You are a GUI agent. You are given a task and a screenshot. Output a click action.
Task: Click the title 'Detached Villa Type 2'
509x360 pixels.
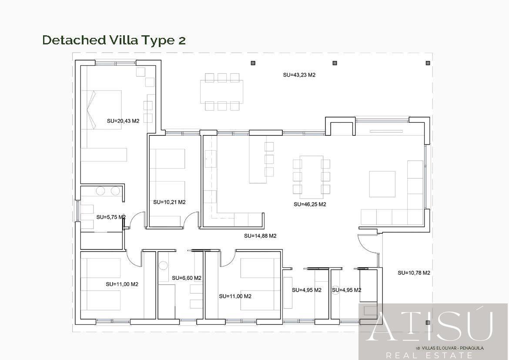point(114,40)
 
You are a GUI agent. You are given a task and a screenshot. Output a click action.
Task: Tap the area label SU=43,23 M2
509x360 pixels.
point(299,75)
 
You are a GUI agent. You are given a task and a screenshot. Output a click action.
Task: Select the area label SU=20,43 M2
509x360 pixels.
point(123,121)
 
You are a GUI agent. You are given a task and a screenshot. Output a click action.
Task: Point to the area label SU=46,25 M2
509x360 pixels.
point(310,204)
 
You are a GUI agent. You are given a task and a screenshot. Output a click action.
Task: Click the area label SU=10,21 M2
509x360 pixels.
point(169,202)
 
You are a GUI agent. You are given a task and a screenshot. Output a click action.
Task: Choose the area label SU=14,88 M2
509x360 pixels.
point(260,236)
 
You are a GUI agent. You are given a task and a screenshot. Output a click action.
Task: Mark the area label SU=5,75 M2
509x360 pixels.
point(111,217)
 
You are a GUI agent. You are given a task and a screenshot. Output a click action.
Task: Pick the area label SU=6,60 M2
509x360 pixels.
point(187,278)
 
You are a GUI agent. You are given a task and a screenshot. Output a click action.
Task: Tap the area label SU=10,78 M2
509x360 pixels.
point(414,273)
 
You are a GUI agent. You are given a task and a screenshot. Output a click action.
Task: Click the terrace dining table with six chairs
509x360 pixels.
point(222,92)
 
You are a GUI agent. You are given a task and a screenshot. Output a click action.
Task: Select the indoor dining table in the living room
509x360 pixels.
point(311,177)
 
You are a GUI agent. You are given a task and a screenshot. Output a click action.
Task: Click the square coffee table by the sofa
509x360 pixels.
point(382,184)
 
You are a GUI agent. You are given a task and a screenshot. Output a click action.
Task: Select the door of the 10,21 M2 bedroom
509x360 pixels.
point(191,219)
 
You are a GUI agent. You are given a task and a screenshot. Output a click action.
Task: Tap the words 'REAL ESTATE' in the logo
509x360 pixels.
point(429,355)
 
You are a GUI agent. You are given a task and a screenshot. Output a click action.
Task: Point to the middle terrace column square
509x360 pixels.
point(335,63)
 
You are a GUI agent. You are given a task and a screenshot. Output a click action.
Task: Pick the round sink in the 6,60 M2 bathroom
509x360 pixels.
point(164,265)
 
